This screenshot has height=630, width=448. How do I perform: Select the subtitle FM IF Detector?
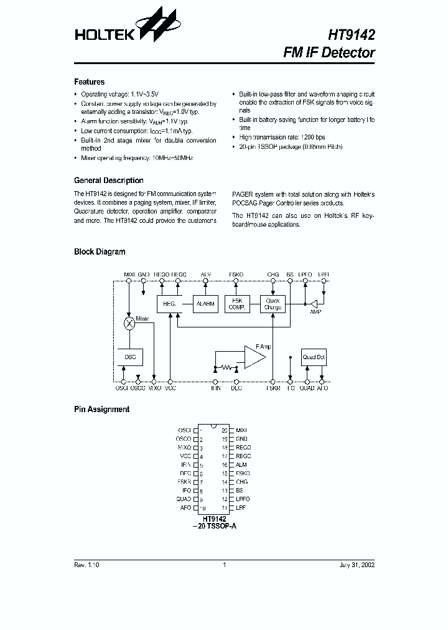coord(329,53)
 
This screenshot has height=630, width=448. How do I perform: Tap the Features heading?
coord(90,82)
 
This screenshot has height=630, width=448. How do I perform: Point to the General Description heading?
coord(109,181)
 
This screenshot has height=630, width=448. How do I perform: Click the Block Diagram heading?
coord(100,252)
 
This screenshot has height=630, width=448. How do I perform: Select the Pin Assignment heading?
coord(102,410)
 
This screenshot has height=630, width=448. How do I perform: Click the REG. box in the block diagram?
coord(169,304)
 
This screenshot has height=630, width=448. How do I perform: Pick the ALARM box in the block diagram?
coord(205,304)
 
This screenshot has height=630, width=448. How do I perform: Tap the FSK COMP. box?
coord(236,304)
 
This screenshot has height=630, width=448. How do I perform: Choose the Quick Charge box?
coord(273,304)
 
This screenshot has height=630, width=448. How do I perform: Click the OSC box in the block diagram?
coord(130,357)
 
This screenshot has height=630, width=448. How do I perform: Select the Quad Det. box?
coord(314,357)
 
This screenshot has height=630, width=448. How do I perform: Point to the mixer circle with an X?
coord(129,324)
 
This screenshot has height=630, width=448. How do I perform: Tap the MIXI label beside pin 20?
coord(241,430)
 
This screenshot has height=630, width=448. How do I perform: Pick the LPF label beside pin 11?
coord(241,508)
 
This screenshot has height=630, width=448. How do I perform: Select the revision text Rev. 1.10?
coord(86,565)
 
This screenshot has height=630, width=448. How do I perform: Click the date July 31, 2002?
coord(357,565)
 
